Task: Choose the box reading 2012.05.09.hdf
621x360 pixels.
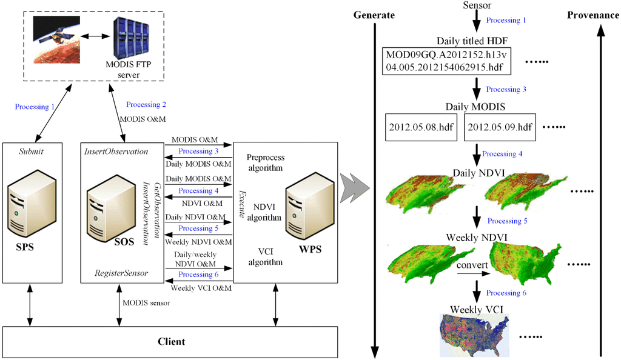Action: (499, 128)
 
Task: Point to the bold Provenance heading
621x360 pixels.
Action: (592, 15)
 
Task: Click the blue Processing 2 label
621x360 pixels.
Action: (147, 104)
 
